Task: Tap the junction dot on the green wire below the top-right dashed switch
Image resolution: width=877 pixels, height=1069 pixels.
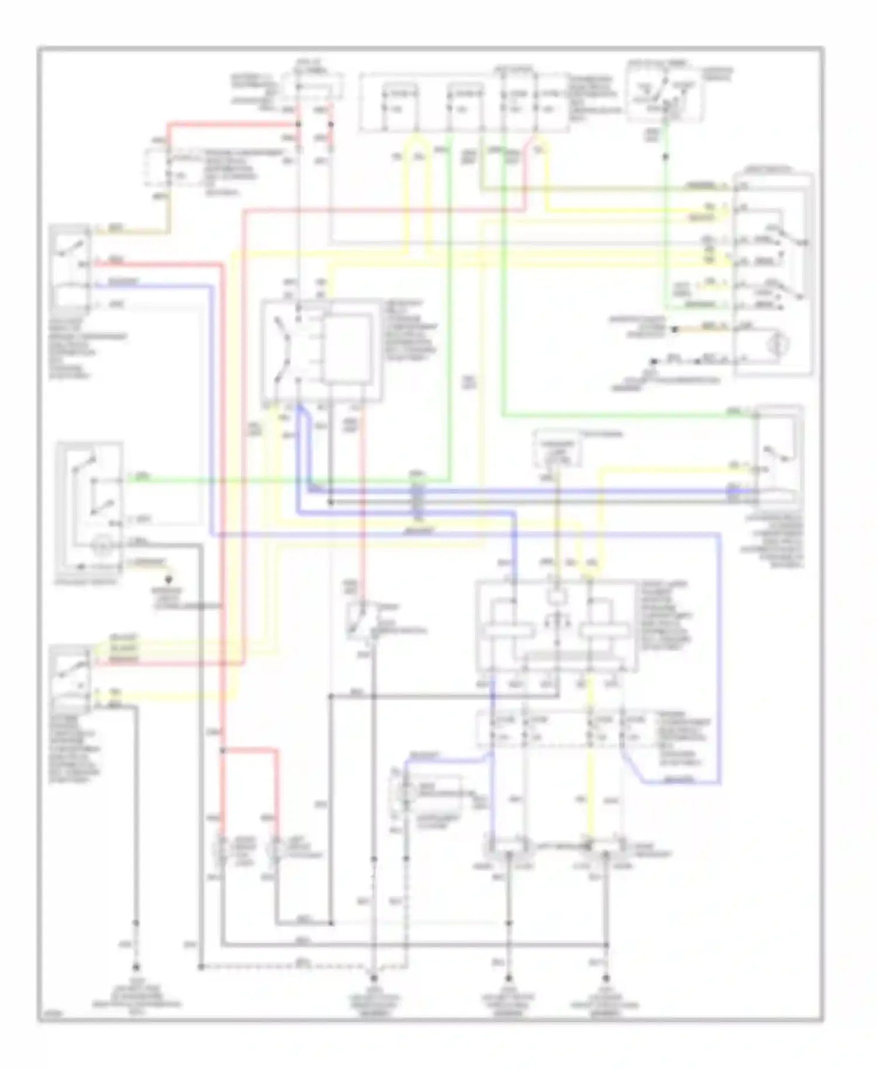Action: click(x=665, y=157)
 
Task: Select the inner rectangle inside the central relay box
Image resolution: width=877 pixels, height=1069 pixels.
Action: click(x=347, y=349)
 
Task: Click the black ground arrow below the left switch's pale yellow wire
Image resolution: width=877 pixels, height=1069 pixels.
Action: click(x=170, y=580)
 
